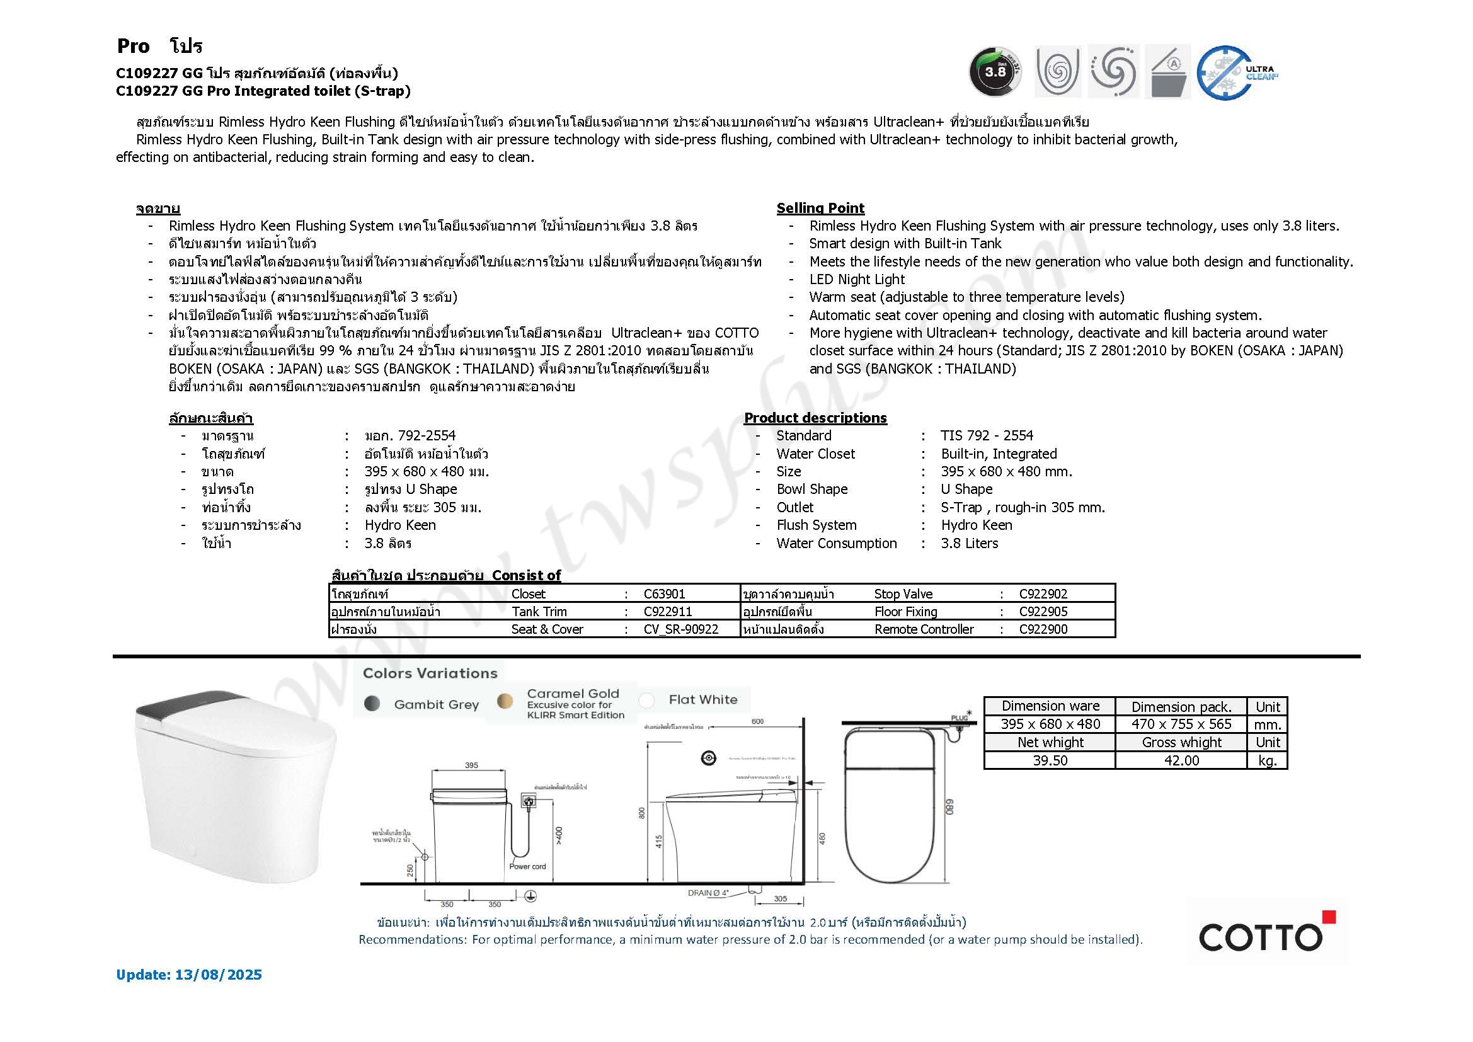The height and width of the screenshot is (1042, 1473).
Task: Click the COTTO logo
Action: tap(1261, 936)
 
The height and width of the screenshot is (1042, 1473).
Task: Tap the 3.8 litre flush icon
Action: tap(995, 72)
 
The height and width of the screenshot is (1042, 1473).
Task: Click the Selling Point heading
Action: tap(820, 208)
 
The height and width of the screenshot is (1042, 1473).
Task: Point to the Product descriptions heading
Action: tap(815, 418)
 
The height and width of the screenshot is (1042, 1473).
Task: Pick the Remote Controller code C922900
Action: tap(1043, 629)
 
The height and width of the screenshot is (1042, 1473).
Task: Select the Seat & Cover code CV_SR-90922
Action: tap(680, 629)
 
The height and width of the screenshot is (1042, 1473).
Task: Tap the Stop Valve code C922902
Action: tap(1043, 594)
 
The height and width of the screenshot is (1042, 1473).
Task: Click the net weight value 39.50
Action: tap(1050, 760)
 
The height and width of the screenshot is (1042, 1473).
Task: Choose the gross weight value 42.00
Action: tap(1181, 760)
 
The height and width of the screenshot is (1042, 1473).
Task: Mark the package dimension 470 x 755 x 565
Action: tap(1181, 724)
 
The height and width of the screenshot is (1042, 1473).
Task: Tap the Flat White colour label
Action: tap(702, 700)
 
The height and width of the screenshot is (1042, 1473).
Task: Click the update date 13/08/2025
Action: tap(217, 975)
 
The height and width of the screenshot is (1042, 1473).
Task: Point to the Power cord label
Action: tap(527, 866)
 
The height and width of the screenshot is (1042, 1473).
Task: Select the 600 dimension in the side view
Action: tap(757, 721)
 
